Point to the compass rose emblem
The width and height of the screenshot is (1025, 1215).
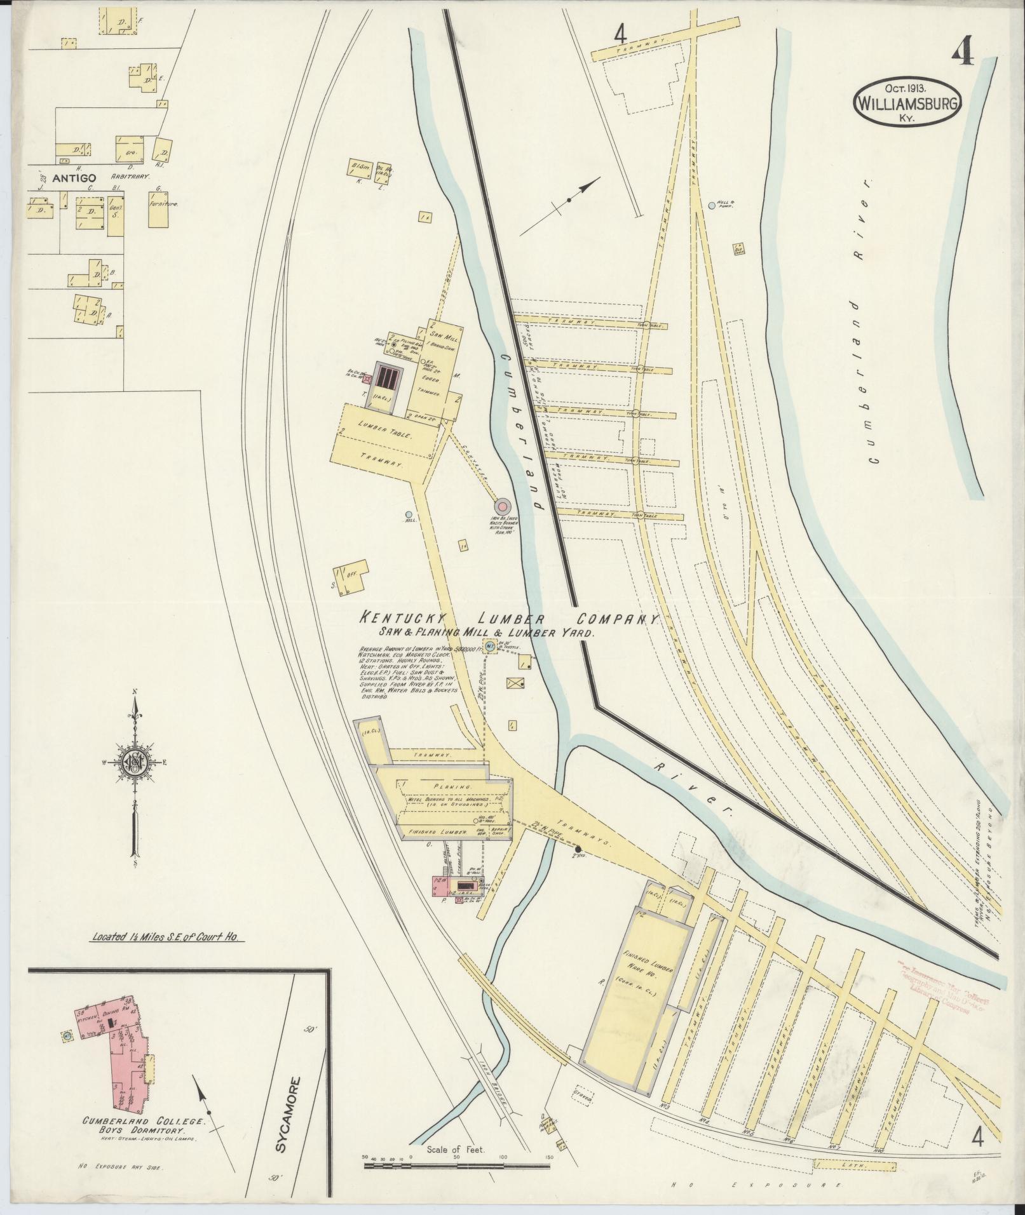click(x=135, y=764)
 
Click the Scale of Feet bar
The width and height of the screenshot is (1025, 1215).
click(x=458, y=1165)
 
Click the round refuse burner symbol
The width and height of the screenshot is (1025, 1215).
click(x=503, y=506)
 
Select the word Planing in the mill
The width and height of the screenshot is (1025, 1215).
click(x=452, y=786)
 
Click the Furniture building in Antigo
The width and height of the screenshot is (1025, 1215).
click(x=160, y=206)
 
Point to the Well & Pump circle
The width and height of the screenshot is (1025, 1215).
click(x=712, y=205)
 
